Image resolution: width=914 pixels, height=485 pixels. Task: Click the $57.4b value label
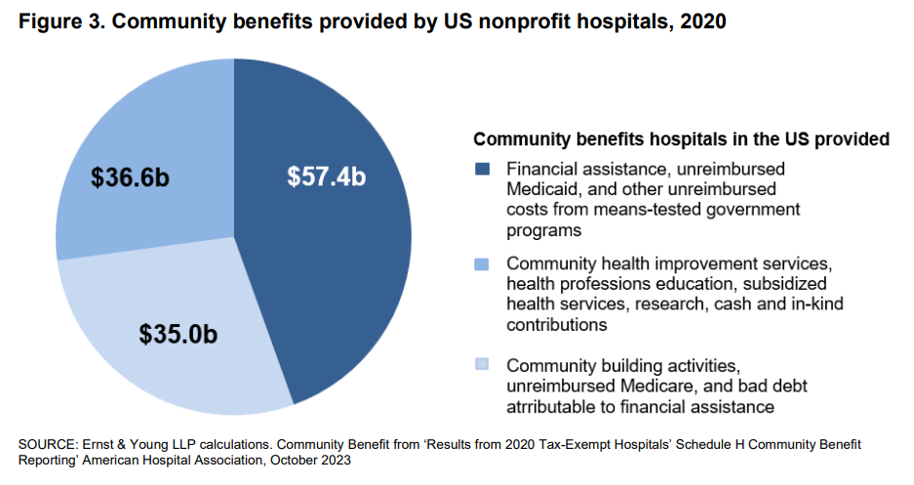[x=326, y=177]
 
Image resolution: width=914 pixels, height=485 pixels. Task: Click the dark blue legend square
[x=481, y=169]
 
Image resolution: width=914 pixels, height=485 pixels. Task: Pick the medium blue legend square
[x=481, y=264]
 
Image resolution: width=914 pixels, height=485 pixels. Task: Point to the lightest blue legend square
[x=481, y=365]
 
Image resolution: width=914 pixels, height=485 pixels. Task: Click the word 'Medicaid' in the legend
[x=542, y=188]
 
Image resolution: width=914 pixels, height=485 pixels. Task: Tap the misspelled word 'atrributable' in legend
[x=552, y=406]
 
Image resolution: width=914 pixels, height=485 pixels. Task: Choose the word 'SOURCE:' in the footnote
[x=46, y=445]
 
